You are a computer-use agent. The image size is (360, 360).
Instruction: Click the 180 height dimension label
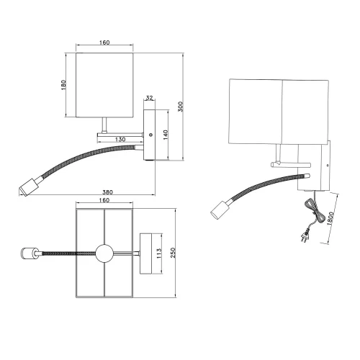pyautogui.click(x=64, y=84)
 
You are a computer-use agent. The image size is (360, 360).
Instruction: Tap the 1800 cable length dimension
pyautogui.click(x=329, y=214)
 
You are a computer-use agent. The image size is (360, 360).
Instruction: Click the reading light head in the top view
pyautogui.click(x=29, y=253)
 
